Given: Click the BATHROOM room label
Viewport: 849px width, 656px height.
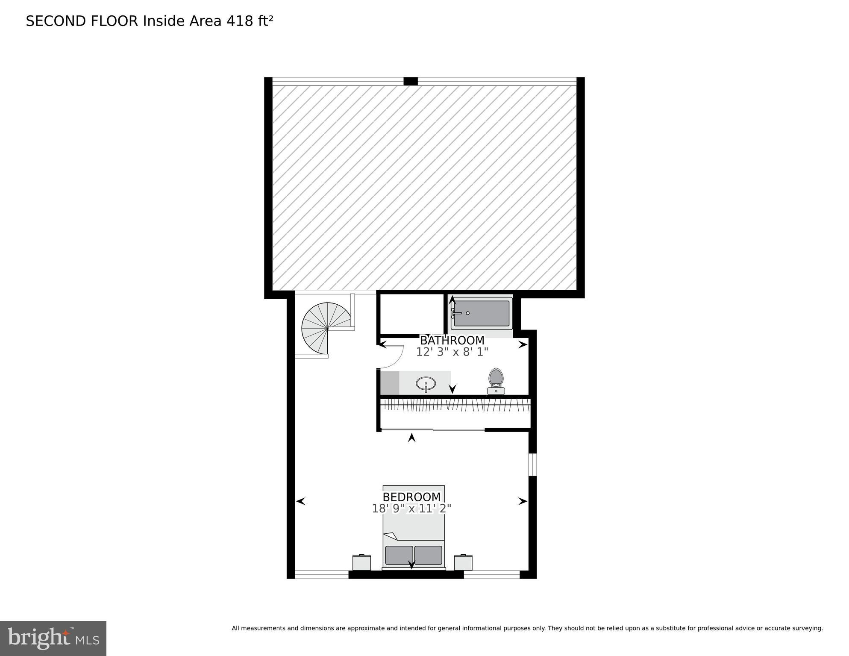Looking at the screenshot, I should coord(452,341).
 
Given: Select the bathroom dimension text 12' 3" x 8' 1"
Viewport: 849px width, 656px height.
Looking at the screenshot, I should coord(452,352).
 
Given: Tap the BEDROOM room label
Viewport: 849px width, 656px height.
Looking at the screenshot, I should coord(411,497).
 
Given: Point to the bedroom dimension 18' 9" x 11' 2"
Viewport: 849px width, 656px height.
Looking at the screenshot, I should coord(411,509).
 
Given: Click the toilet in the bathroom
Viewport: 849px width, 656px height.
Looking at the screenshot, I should coord(496,380).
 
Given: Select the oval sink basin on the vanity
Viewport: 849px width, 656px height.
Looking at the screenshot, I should coord(426,383).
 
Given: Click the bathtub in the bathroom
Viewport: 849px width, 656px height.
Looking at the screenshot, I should coord(482,313).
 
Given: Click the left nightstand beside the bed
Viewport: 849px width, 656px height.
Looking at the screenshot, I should coord(361,562).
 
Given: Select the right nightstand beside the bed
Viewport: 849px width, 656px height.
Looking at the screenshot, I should coord(463,562).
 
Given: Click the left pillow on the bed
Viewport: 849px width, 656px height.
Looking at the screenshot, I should coord(399,555).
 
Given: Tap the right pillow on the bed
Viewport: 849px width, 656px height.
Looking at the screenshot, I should coord(428,555).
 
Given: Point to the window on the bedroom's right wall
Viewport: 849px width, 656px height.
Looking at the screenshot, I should coord(532,465).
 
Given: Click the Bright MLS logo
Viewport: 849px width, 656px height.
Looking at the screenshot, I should coord(53,638).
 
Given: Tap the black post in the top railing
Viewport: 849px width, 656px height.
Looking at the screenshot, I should coord(411,81).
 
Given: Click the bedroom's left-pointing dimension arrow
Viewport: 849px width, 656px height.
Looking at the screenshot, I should coord(301,501).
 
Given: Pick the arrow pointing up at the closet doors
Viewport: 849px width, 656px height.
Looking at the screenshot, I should coord(412,438).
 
